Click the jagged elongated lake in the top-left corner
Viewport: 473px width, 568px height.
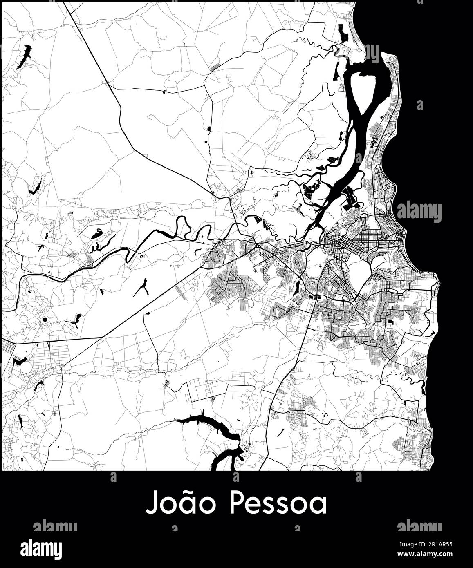[25, 56]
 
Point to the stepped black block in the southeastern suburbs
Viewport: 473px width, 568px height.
[391, 322]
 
